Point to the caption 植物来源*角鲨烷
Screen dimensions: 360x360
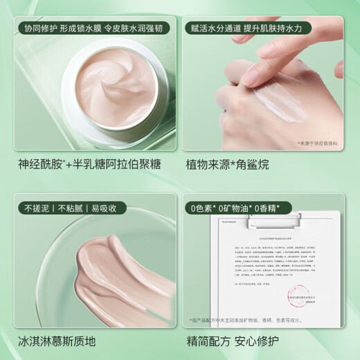[x=232, y=165]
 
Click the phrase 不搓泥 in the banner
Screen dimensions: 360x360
[x=35, y=208]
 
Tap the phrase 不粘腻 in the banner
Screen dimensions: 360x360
[x=67, y=208]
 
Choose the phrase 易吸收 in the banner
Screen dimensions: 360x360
[x=100, y=208]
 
